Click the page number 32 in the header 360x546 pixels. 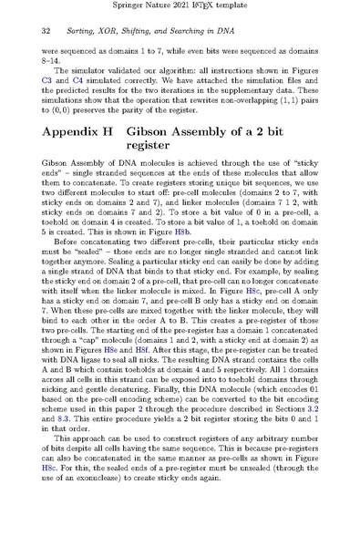click(x=46, y=30)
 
